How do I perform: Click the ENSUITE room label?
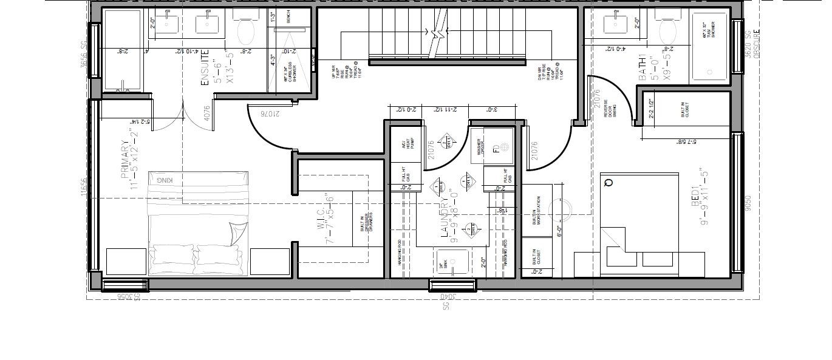click(x=205, y=67)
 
